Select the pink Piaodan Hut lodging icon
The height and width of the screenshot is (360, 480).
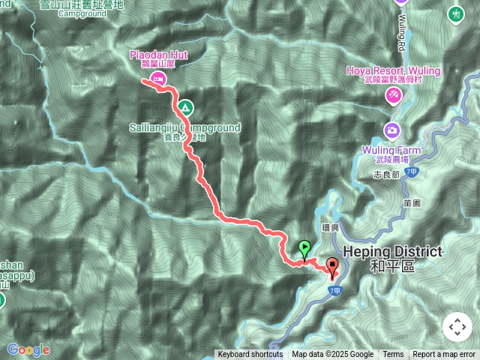[157, 78]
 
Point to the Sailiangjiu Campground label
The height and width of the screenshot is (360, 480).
[184, 128]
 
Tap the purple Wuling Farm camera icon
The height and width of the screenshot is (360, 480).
[391, 130]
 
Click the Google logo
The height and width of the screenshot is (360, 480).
[28, 349]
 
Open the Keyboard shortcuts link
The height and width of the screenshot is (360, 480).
[250, 355]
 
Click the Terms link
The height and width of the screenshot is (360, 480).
[393, 355]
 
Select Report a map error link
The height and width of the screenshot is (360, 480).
[444, 355]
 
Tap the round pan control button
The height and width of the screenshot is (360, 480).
[457, 327]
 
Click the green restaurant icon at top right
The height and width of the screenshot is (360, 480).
[456, 13]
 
